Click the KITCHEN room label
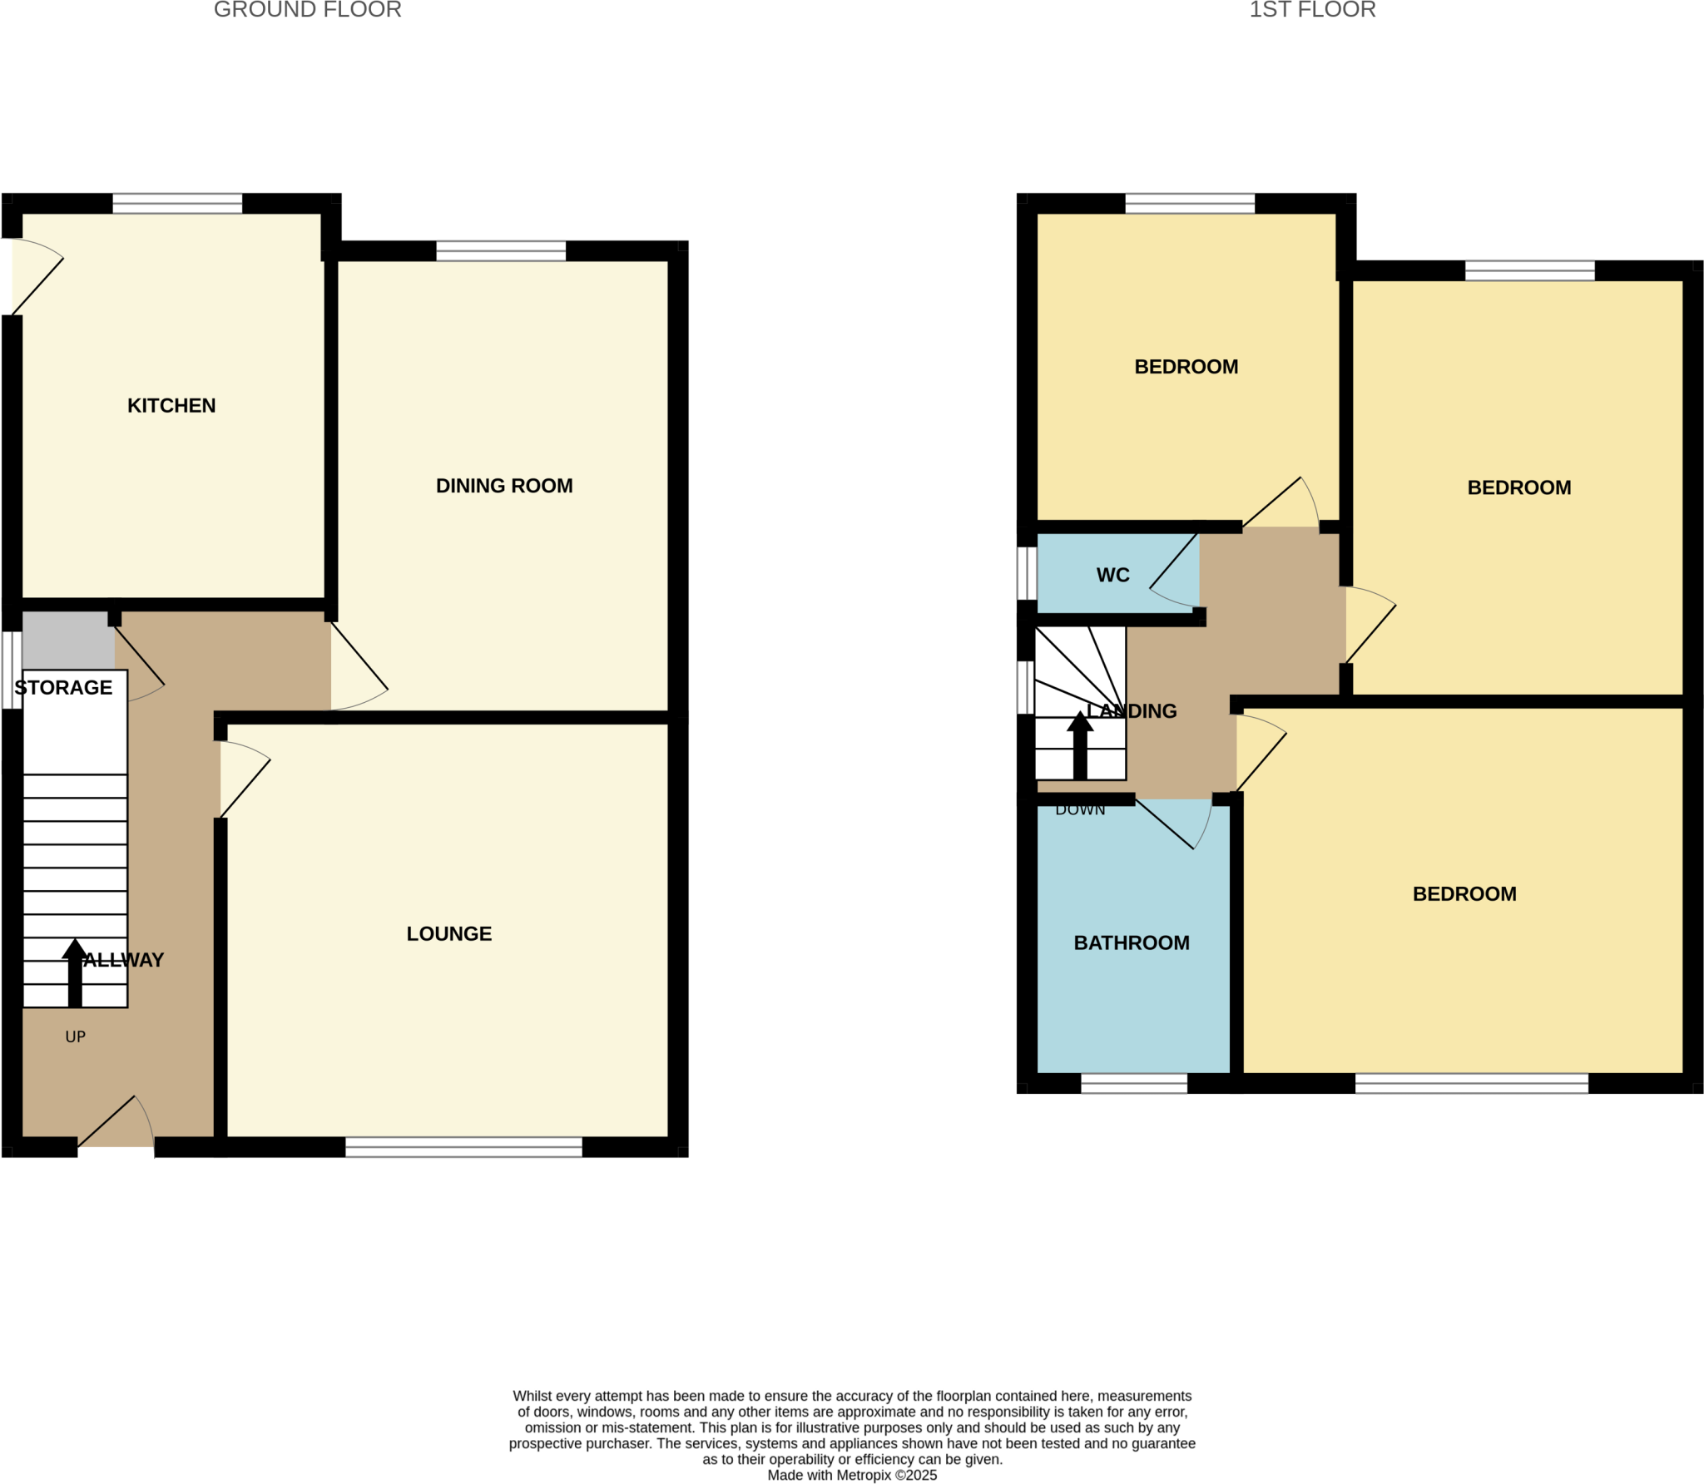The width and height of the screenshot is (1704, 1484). pos(171,406)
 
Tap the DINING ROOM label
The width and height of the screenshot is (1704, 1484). pos(504,486)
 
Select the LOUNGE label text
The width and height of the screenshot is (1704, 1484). pos(448,934)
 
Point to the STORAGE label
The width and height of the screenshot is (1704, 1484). pos(63,688)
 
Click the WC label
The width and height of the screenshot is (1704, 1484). pos(1112,576)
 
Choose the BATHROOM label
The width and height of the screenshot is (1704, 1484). pos(1132,943)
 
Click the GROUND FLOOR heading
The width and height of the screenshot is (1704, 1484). pos(308,10)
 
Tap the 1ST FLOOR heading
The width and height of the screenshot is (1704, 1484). pos(1312,10)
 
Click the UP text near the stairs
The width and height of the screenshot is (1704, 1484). pos(76,1037)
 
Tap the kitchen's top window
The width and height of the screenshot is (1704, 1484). pos(177,204)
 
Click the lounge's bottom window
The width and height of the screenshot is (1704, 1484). pos(463,1148)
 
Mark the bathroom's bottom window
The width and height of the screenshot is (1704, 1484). pos(1133,1083)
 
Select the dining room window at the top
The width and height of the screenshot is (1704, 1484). pos(501,251)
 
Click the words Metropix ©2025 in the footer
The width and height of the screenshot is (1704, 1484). pos(890,1475)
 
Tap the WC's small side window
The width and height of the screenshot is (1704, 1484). pos(1028,573)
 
